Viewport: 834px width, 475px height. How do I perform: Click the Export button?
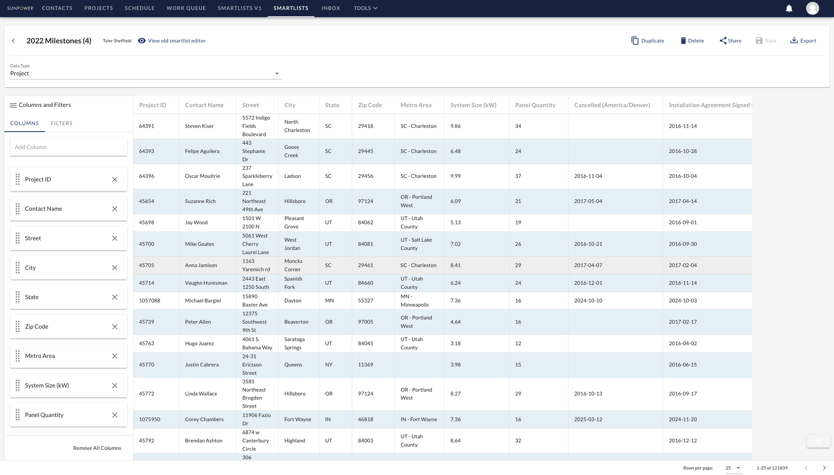pyautogui.click(x=803, y=41)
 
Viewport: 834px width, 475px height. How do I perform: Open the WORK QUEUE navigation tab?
pyautogui.click(x=186, y=8)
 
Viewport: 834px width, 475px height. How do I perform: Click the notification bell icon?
pyautogui.click(x=789, y=8)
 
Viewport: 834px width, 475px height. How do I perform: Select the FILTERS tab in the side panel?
pyautogui.click(x=61, y=123)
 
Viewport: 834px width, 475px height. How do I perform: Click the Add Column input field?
pyautogui.click(x=68, y=147)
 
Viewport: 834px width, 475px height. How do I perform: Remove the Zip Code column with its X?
pyautogui.click(x=114, y=327)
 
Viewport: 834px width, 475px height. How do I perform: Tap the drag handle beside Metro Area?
pyautogui.click(x=18, y=356)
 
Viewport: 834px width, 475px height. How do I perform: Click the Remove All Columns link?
pyautogui.click(x=97, y=448)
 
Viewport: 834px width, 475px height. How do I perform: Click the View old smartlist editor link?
pyautogui.click(x=176, y=41)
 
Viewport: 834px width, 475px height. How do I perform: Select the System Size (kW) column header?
pyautogui.click(x=473, y=105)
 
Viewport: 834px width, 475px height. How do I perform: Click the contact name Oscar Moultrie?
pyautogui.click(x=202, y=176)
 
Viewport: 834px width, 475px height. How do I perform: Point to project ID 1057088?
pyautogui.click(x=149, y=301)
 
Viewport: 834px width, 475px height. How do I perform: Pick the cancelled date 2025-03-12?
pyautogui.click(x=588, y=419)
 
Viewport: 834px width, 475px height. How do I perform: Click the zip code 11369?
pyautogui.click(x=365, y=364)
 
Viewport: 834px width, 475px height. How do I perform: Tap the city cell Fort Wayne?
pyautogui.click(x=298, y=419)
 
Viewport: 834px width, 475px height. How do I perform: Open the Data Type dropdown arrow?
pyautogui.click(x=277, y=73)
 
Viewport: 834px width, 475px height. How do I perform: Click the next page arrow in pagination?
pyautogui.click(x=824, y=468)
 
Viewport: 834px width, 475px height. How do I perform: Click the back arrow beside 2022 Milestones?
pyautogui.click(x=13, y=41)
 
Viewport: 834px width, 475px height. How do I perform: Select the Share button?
pyautogui.click(x=730, y=41)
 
